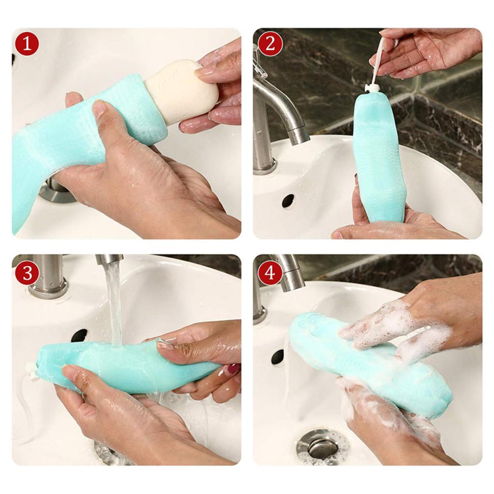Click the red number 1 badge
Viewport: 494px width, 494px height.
[x=27, y=43]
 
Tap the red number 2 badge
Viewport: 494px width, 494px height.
[x=270, y=43]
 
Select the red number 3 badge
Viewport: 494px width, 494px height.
[x=27, y=273]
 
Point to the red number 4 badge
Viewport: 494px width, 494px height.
[x=270, y=273]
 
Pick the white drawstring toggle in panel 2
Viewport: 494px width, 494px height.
[x=372, y=88]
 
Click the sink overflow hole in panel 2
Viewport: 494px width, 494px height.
[x=288, y=201]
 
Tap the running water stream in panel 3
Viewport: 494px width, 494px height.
[x=114, y=304]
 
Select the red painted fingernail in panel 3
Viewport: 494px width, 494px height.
[x=233, y=370]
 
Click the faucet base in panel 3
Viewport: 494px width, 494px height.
[x=48, y=287]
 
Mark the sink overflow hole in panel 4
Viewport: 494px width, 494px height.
[x=278, y=357]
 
